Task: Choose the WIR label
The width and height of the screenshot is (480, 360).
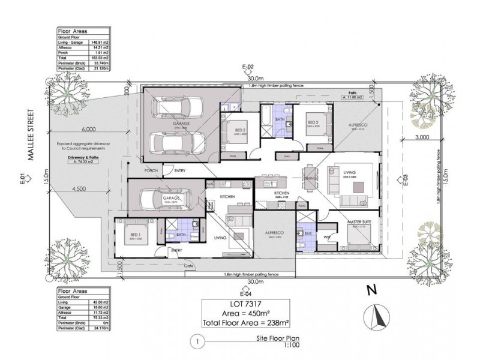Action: [327, 238]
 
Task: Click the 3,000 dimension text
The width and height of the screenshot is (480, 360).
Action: [421, 138]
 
